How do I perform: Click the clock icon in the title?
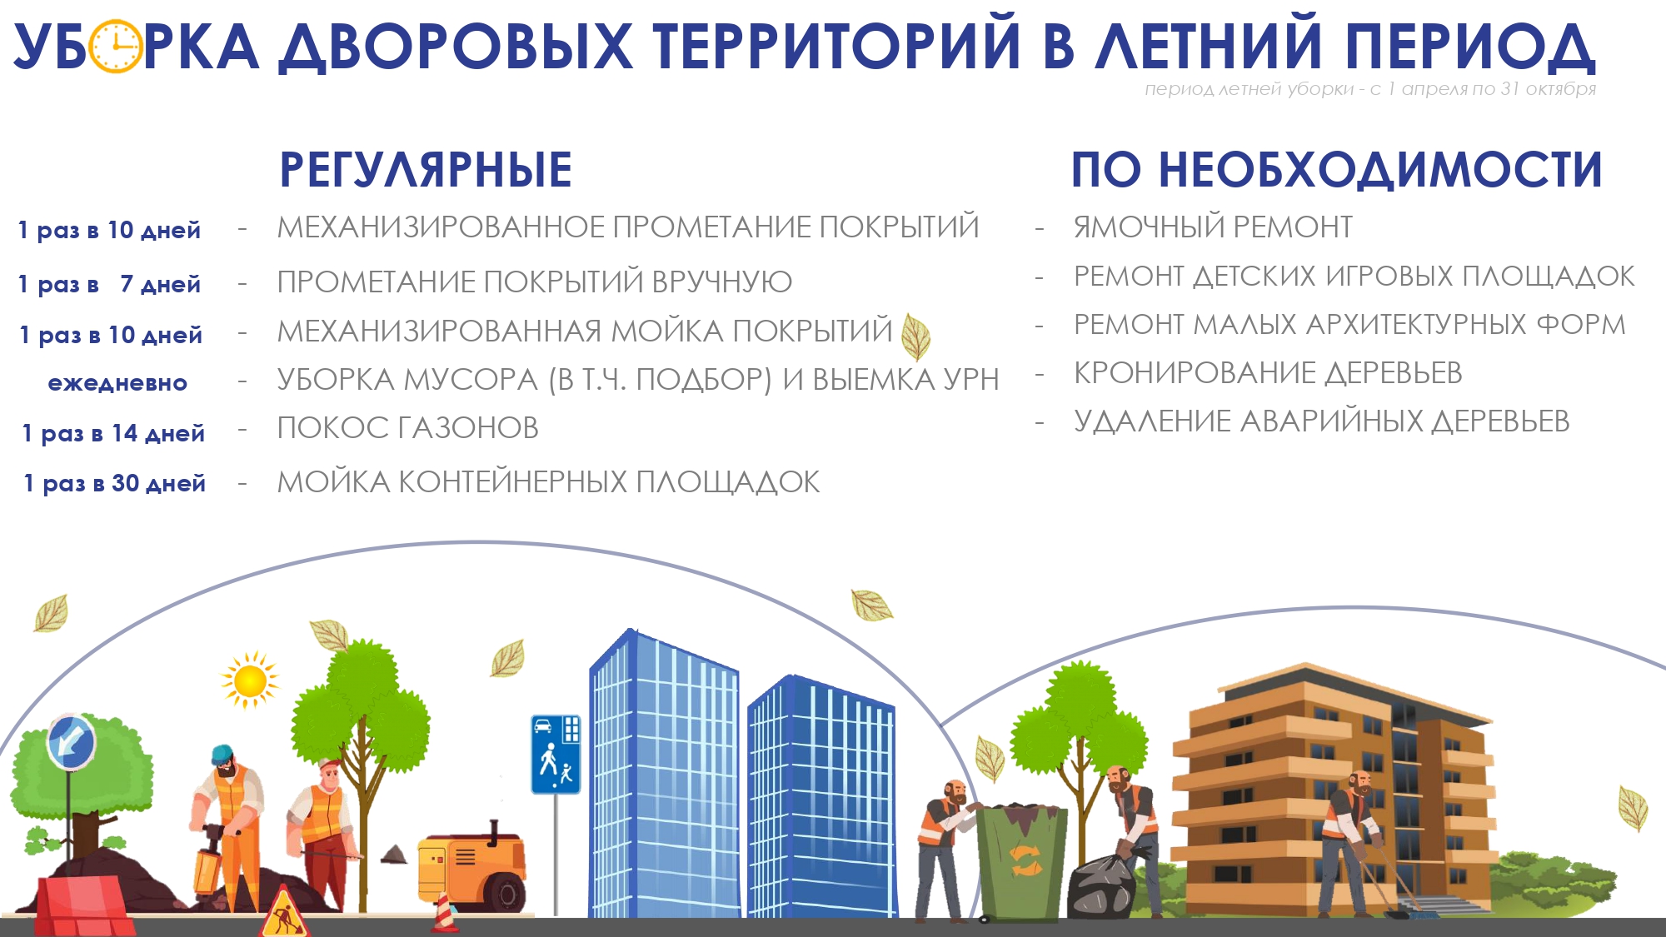tap(116, 46)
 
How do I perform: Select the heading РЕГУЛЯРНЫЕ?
tap(426, 169)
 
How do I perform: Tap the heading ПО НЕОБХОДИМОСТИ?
tap(1337, 169)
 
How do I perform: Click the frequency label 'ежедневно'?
tap(117, 383)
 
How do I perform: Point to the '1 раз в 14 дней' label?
tap(113, 433)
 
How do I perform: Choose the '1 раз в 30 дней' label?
tap(115, 483)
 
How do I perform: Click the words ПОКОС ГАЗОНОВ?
tap(408, 428)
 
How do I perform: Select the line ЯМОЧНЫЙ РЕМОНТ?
tap(1213, 227)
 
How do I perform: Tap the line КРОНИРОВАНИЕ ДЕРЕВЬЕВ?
tap(1268, 373)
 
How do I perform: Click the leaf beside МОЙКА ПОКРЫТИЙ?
tap(916, 336)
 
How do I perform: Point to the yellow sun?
tap(249, 680)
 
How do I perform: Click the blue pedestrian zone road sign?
tap(556, 754)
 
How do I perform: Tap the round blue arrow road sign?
tap(71, 741)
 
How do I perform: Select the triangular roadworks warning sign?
tap(285, 914)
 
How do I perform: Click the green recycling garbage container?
tap(1021, 862)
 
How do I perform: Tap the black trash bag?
tap(1102, 886)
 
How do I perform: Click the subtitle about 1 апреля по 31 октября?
tap(1370, 89)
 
